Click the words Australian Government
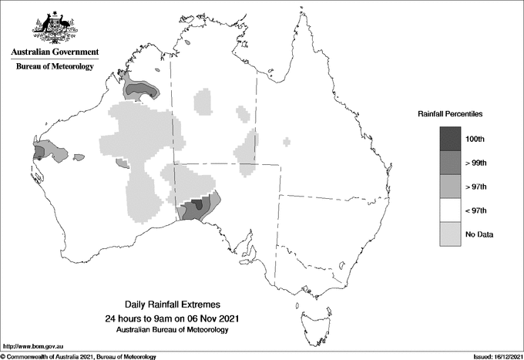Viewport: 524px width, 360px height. coord(55,52)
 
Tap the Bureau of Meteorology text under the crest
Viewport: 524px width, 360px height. coord(55,67)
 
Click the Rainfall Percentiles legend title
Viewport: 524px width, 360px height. coord(450,114)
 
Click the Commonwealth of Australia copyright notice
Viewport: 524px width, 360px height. coord(79,356)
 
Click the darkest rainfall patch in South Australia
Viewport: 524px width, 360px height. coord(198,204)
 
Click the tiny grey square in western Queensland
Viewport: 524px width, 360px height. coord(287,141)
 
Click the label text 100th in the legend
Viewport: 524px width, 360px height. coord(476,138)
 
